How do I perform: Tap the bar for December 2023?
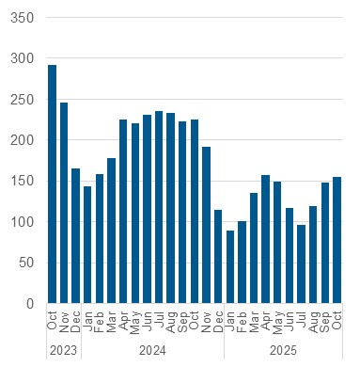pos(75,236)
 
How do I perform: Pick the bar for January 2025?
pos(229,267)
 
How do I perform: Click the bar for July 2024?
pos(159,207)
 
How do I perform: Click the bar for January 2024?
pos(87,245)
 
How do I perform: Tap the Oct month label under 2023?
pos(52,321)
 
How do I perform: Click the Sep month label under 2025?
pos(324,321)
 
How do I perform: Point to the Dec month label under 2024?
pos(218,321)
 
